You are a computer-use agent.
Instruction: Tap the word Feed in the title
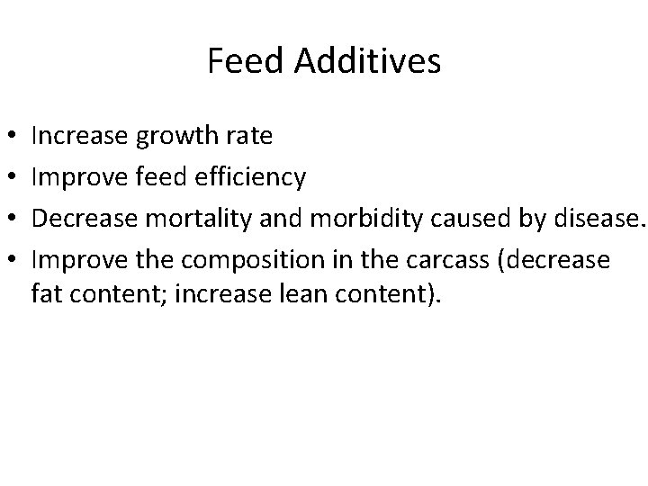point(236,61)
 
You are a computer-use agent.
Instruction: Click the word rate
point(251,137)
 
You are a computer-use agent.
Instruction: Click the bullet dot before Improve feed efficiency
point(9,178)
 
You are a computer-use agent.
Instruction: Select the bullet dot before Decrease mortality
point(9,220)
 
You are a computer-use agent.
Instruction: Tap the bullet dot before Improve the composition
point(9,261)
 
